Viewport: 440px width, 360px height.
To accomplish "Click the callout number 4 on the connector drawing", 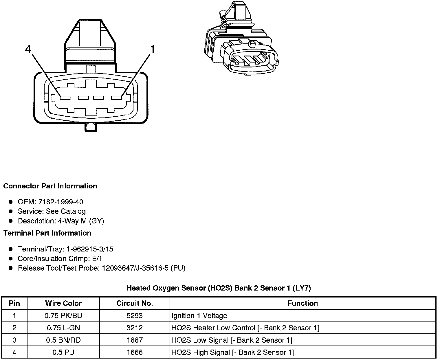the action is click(28, 49).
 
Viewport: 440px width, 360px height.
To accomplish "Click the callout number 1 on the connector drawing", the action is click(152, 49).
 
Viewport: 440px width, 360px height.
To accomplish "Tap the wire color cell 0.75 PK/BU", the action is click(63, 315).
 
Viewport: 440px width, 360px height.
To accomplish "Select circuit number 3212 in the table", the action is click(135, 328).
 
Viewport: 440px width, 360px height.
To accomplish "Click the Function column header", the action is click(302, 303).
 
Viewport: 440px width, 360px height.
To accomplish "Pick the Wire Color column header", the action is click(63, 303).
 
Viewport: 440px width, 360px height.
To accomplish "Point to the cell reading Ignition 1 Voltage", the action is click(199, 315).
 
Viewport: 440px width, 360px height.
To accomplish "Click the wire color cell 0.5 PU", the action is click(63, 352).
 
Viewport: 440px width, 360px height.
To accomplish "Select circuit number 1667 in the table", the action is click(135, 340).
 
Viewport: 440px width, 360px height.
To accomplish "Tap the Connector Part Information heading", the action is click(50, 186).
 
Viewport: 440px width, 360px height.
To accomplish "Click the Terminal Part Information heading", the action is click(47, 233).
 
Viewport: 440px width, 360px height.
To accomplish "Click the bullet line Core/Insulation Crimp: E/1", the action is click(60, 258).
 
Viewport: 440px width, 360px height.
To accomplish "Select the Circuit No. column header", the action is click(135, 303).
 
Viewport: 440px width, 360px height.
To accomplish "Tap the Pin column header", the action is click(14, 303).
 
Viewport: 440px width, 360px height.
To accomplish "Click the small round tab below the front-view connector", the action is click(90, 127).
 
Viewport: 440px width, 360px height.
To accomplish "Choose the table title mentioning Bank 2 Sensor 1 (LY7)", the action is click(219, 288).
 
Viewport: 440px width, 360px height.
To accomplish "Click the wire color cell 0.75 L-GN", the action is click(63, 328).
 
